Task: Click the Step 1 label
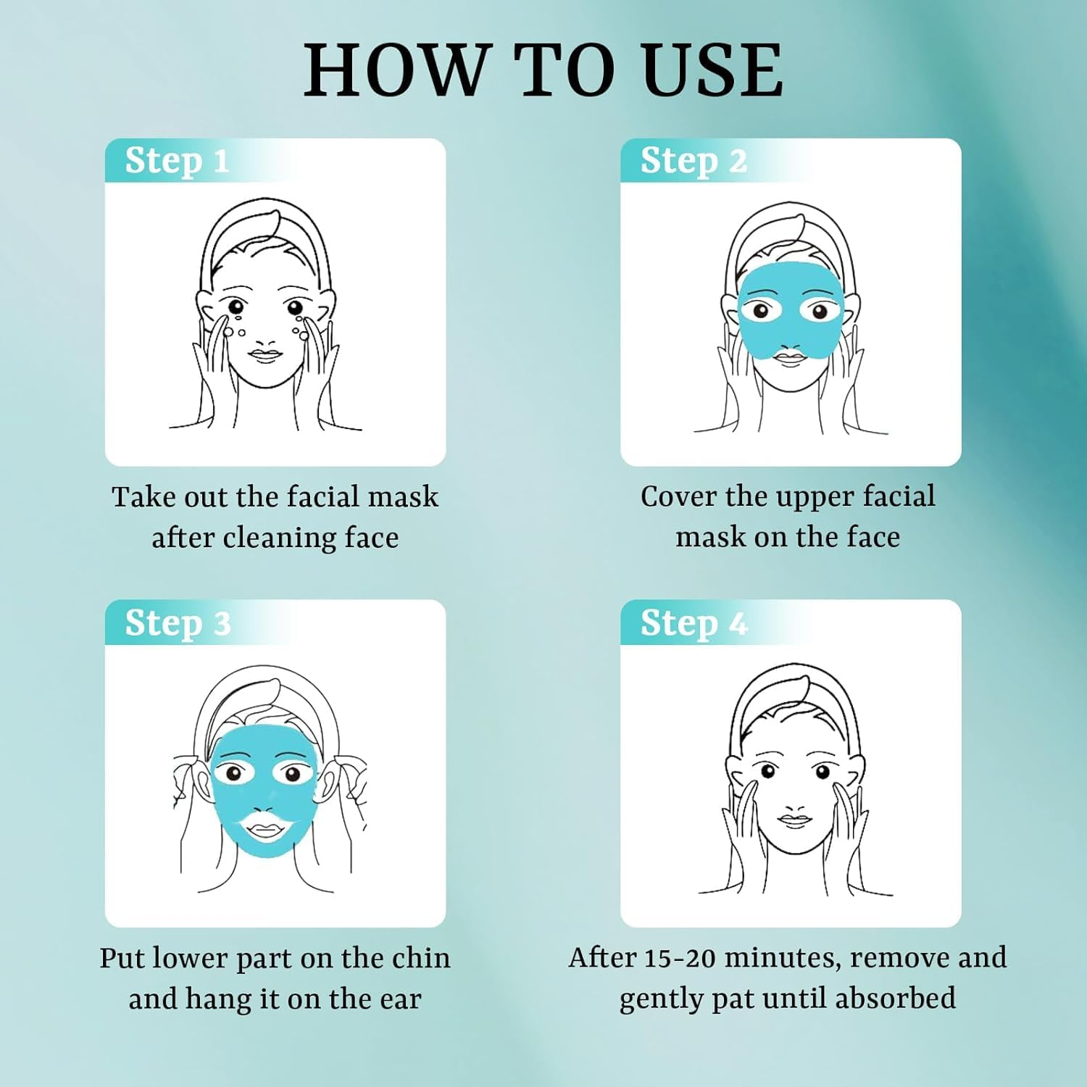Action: [x=177, y=161]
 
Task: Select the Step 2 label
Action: [x=693, y=161]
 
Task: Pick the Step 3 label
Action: [x=178, y=623]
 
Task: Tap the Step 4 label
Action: [x=693, y=623]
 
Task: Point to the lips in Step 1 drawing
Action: [x=265, y=355]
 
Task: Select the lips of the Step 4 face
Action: [x=795, y=820]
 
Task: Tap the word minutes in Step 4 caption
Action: [x=783, y=958]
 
